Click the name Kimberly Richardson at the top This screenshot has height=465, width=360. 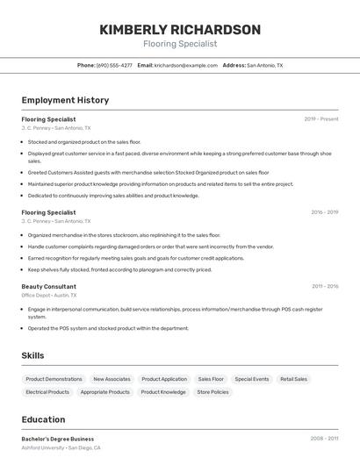pyautogui.click(x=180, y=30)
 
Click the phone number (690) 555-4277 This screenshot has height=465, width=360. pyautogui.click(x=114, y=65)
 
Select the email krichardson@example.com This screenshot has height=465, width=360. pyautogui.click(x=185, y=65)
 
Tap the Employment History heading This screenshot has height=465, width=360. pyautogui.click(x=65, y=100)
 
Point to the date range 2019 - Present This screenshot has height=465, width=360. pyautogui.click(x=321, y=118)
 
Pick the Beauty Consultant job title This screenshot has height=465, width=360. pyautogui.click(x=48, y=286)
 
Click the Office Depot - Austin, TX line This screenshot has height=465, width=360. pyautogui.click(x=49, y=295)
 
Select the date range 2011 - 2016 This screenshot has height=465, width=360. pyautogui.click(x=325, y=286)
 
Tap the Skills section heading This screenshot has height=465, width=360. pyautogui.click(x=33, y=355)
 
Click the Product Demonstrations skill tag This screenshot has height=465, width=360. pyautogui.click(x=54, y=379)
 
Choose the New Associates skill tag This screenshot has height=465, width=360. pyautogui.click(x=112, y=379)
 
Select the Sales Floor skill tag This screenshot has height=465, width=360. pyautogui.click(x=211, y=379)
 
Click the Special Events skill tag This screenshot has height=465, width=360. pyautogui.click(x=252, y=379)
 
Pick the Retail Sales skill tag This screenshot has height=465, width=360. pyautogui.click(x=294, y=379)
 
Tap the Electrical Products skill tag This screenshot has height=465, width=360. pyautogui.click(x=47, y=392)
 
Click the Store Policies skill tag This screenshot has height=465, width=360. pyautogui.click(x=212, y=392)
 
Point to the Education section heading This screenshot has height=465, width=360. pyautogui.click(x=43, y=419)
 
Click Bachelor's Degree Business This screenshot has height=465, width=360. pyautogui.click(x=58, y=439)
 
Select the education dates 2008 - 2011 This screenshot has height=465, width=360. pyautogui.click(x=325, y=438)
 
